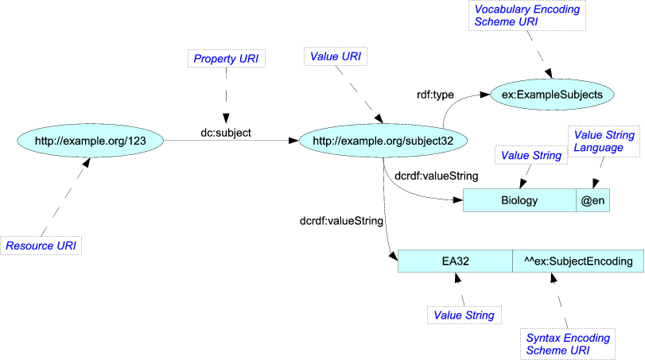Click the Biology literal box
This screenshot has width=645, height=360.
[x=519, y=201]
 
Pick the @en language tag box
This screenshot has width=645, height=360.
[x=593, y=201]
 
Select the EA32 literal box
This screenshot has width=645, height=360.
[x=455, y=261]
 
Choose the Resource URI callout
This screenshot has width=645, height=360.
[x=41, y=246]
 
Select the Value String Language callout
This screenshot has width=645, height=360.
[x=604, y=141]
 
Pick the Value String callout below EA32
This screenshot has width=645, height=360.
[x=463, y=315]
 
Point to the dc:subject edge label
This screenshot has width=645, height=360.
[x=225, y=133]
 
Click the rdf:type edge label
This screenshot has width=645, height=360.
[x=434, y=95]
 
